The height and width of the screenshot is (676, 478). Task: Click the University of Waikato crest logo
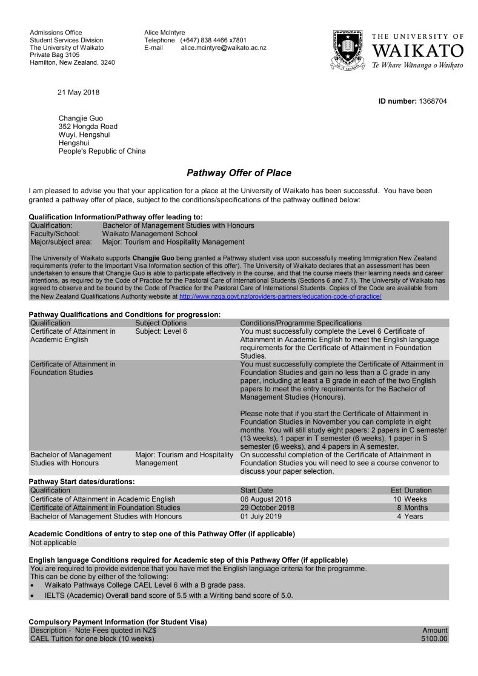[347, 51]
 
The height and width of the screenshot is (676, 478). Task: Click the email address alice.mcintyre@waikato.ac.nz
[223, 47]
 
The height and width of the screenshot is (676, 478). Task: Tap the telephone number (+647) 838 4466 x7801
[213, 40]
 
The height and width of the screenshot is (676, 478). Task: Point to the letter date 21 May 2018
[78, 93]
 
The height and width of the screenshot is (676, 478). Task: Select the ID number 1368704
[433, 101]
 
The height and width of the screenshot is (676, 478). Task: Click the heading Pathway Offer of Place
[239, 173]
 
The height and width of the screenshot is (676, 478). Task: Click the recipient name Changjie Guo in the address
[81, 118]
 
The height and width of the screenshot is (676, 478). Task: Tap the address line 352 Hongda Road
[88, 127]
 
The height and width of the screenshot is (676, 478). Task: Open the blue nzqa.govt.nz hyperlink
[280, 297]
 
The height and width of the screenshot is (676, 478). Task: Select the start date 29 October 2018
[267, 508]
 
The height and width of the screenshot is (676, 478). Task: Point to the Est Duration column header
[411, 490]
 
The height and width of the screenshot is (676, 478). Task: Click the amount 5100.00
[434, 638]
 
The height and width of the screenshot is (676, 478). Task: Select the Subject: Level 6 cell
[161, 331]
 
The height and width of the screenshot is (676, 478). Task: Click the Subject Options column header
[161, 323]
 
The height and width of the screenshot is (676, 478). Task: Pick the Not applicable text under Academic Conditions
[53, 543]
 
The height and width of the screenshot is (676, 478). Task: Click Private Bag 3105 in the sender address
[55, 55]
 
